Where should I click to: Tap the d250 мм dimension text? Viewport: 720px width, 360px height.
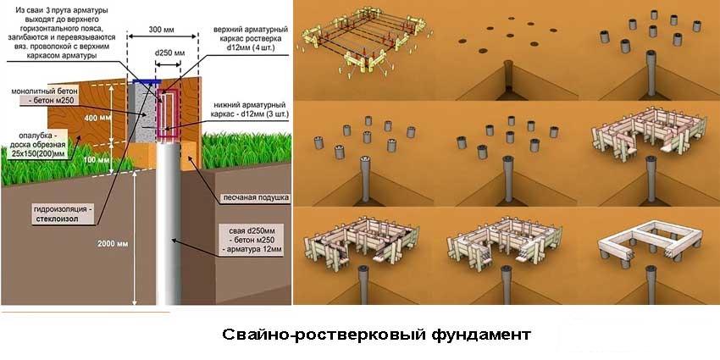(169, 53)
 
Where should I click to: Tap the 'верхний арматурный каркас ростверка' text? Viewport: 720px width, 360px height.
(246, 40)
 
